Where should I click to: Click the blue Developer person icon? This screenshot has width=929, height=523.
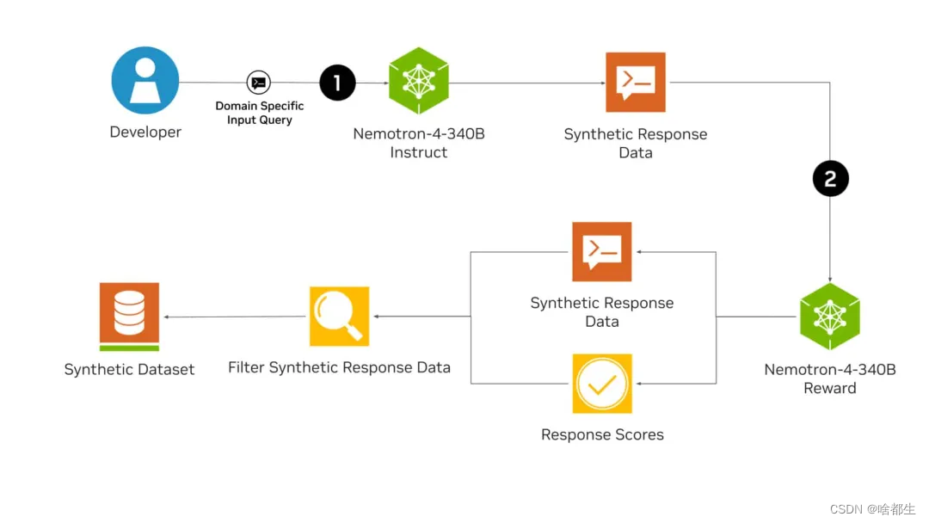coord(145,81)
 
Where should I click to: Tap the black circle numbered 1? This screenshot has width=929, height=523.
coord(337,83)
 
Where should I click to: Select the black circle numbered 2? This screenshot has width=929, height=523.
coord(830,179)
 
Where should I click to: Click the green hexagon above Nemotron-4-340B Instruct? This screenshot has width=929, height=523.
coord(418,82)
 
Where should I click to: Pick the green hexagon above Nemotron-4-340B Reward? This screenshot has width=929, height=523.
coord(830,317)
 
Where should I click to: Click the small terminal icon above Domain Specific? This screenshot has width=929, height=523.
coord(258,83)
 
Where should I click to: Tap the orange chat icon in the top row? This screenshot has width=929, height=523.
coord(636,82)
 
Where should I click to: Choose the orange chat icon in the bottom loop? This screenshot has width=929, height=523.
coord(602,252)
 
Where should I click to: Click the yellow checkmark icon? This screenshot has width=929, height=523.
coord(602,384)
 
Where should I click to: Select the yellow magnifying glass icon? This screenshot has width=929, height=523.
coord(339,316)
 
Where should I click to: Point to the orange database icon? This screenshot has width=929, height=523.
coord(129,316)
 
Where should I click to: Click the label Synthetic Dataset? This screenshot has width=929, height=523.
coord(129,369)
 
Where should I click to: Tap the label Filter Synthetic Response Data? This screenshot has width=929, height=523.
coord(339,367)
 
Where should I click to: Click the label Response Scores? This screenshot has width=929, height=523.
coord(602,434)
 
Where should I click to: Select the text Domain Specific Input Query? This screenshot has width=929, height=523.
coord(259,113)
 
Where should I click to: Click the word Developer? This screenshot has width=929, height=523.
coord(145,132)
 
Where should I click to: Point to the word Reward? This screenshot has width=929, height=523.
coord(830,388)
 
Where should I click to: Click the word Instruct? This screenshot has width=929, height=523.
coord(418,152)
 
